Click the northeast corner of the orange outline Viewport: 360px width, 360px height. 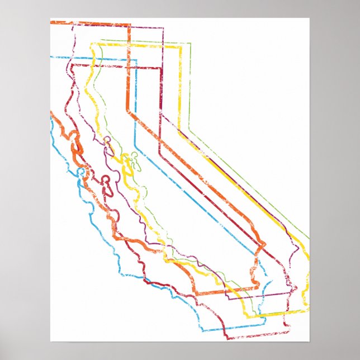click(x=130, y=25)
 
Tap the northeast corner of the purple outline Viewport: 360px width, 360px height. click(x=163, y=28)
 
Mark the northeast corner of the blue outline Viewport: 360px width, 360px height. click(x=136, y=57)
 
